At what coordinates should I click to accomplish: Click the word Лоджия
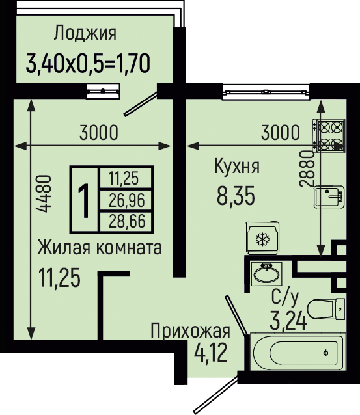[x=85, y=34]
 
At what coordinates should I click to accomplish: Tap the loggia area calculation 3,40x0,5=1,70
[x=88, y=63]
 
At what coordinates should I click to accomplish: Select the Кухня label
[x=237, y=167]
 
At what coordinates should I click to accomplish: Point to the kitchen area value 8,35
[x=236, y=196]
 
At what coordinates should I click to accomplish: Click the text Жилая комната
[x=100, y=247]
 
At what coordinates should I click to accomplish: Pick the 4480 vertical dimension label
[x=43, y=193]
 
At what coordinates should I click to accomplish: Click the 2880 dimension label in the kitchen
[x=307, y=168]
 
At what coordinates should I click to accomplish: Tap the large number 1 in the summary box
[x=85, y=201]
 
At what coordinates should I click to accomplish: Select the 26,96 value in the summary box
[x=127, y=200]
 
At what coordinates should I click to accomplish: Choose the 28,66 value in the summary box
[x=127, y=221]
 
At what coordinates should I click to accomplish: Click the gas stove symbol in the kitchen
[x=329, y=136]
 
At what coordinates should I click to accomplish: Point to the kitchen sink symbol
[x=329, y=197]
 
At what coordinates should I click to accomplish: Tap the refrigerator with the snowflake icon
[x=262, y=239]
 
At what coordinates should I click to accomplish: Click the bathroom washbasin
[x=266, y=274]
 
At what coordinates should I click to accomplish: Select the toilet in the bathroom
[x=326, y=309]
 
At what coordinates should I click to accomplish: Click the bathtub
[x=298, y=351]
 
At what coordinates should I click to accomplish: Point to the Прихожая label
[x=190, y=331]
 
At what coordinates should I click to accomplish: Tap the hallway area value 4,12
[x=211, y=353]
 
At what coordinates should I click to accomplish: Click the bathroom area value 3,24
[x=288, y=321]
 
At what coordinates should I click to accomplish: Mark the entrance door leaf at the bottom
[x=215, y=395]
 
